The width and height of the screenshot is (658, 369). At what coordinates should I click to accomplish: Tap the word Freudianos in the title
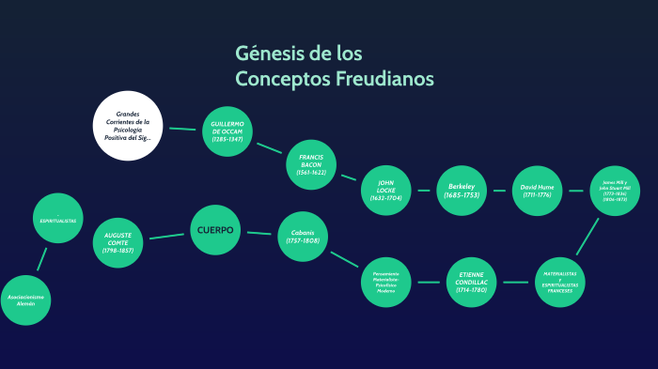(384, 79)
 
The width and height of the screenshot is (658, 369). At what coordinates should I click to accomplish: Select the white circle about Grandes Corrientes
(128, 126)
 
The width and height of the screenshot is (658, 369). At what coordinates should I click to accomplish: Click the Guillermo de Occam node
(227, 131)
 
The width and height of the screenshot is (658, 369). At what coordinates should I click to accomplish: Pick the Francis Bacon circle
(311, 164)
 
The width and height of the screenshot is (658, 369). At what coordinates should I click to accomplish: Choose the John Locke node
(386, 190)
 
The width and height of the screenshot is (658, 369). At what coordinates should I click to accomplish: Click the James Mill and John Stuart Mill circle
(614, 191)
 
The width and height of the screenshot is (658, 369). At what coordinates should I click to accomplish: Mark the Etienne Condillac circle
(471, 281)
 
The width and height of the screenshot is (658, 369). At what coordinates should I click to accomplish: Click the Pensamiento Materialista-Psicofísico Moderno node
(386, 281)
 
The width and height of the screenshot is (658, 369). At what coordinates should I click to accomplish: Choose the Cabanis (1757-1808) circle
(303, 236)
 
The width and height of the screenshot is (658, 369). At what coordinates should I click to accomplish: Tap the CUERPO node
(215, 230)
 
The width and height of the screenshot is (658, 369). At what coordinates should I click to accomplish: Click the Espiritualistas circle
(58, 219)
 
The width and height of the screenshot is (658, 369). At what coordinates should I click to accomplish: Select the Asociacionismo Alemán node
(26, 300)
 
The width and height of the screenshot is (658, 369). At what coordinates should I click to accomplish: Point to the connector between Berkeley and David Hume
(499, 191)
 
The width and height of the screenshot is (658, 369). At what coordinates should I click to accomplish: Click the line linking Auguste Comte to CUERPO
(167, 236)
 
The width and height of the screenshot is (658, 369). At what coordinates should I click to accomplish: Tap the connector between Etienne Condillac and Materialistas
(515, 281)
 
